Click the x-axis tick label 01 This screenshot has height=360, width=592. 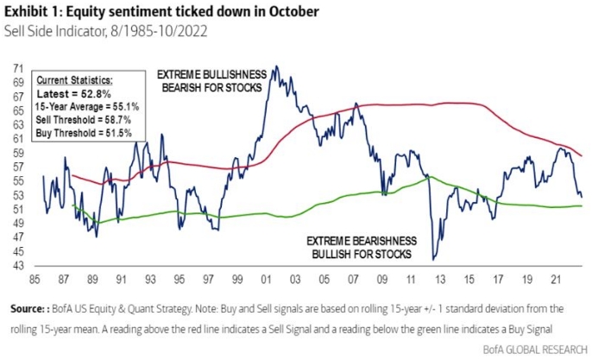tap(274, 281)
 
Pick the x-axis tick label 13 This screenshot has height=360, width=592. tap(441, 281)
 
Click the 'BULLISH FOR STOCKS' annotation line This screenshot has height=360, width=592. tap(364, 256)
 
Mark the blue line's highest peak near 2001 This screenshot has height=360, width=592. tap(274, 66)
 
